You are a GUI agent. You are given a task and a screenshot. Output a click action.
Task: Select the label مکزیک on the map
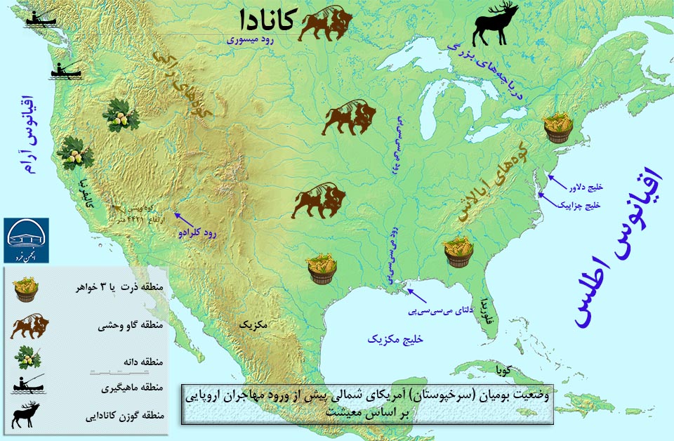click(x=253, y=325)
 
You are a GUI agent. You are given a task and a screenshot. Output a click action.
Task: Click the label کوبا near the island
click(x=510, y=369)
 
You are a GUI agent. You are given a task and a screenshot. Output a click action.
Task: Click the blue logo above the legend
click(x=27, y=239)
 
